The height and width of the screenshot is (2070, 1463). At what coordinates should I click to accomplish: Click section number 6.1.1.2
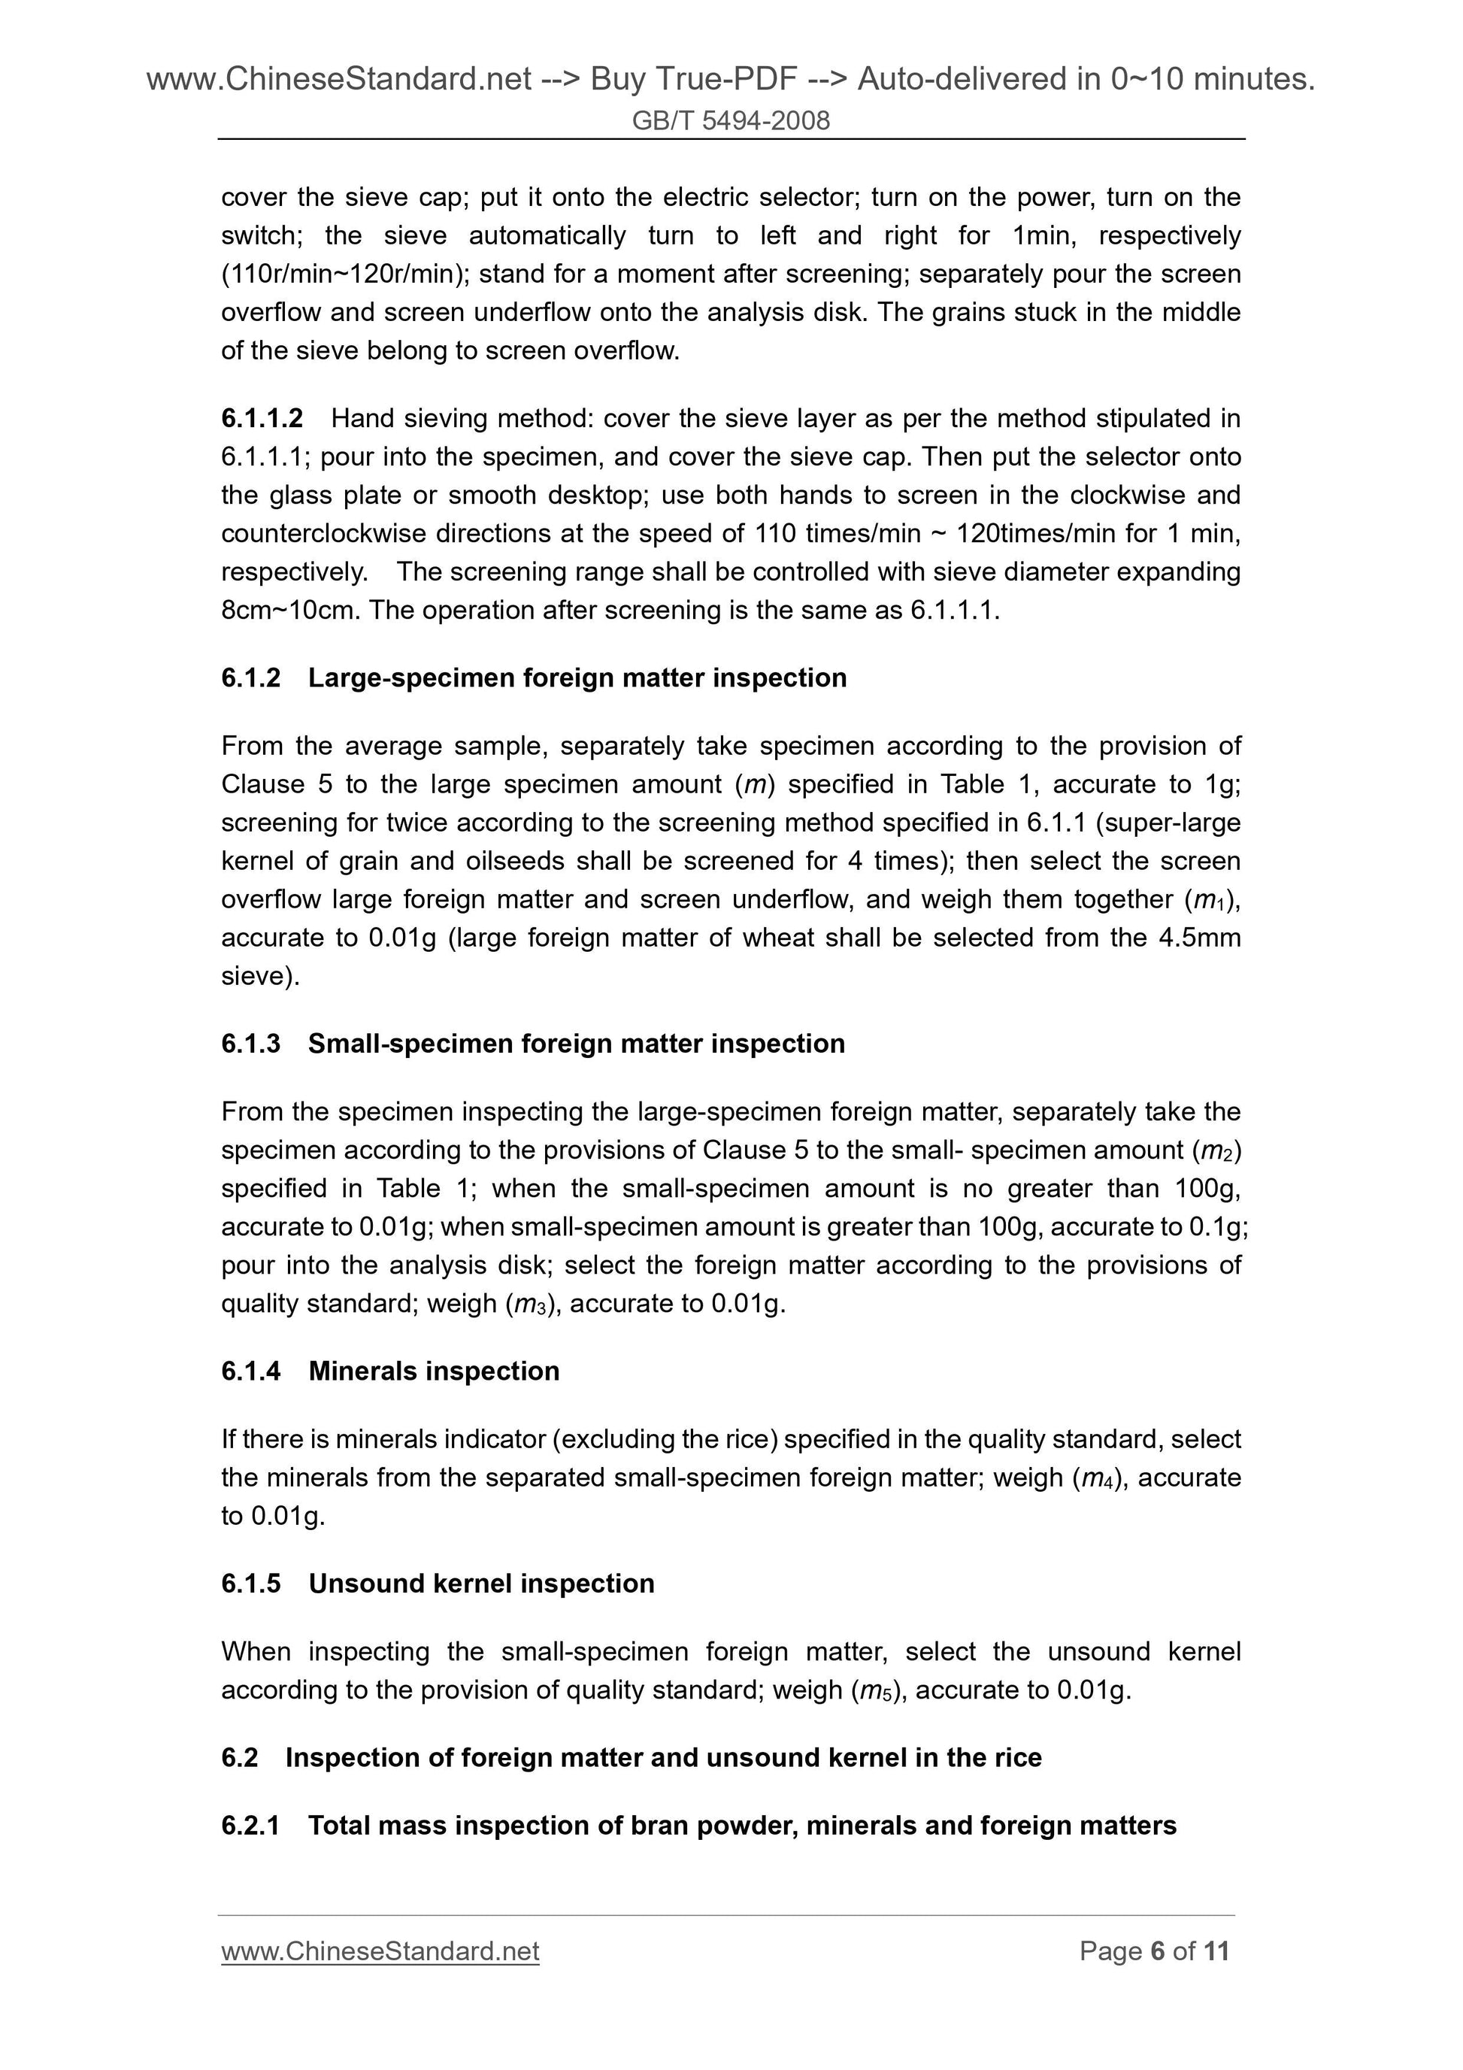pyautogui.click(x=262, y=418)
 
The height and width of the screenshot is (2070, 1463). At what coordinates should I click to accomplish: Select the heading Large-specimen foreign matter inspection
pyautogui.click(x=577, y=678)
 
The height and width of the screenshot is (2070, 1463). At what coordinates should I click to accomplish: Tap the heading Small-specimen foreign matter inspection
pyautogui.click(x=576, y=1043)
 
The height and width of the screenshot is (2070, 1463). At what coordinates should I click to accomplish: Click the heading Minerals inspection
pyautogui.click(x=434, y=1371)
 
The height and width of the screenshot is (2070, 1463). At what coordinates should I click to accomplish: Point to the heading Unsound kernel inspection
pyautogui.click(x=481, y=1584)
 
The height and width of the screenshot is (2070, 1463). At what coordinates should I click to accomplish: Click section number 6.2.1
pyautogui.click(x=250, y=1826)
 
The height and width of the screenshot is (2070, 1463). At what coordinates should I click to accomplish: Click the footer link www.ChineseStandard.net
pyautogui.click(x=380, y=1951)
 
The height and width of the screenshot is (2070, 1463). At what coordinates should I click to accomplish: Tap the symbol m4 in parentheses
pyautogui.click(x=1097, y=1477)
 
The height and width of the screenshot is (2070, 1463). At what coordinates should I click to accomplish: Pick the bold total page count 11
pyautogui.click(x=1216, y=1951)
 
